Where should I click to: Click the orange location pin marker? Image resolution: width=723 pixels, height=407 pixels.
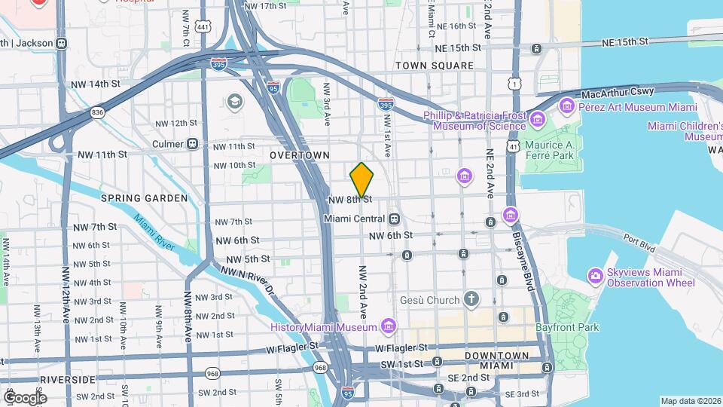(x=362, y=180)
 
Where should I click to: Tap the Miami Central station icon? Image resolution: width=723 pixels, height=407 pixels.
(x=394, y=219)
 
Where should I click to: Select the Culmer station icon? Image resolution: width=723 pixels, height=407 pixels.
(x=193, y=144)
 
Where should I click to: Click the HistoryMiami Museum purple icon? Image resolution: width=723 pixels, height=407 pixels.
(x=389, y=326)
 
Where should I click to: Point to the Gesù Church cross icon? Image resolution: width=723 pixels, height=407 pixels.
(x=471, y=300)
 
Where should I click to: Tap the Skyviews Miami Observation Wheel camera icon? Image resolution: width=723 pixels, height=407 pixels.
(x=596, y=276)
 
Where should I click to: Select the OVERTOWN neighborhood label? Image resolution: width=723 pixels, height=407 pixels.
(x=300, y=155)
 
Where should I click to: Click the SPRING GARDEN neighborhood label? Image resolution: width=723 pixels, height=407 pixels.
(x=144, y=198)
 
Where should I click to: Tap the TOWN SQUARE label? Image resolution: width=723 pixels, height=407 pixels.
(x=435, y=66)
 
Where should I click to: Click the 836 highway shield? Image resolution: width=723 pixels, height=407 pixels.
(x=97, y=112)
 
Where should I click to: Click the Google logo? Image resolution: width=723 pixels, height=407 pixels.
(x=25, y=397)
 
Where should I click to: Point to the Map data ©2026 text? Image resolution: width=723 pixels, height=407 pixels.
(x=690, y=401)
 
